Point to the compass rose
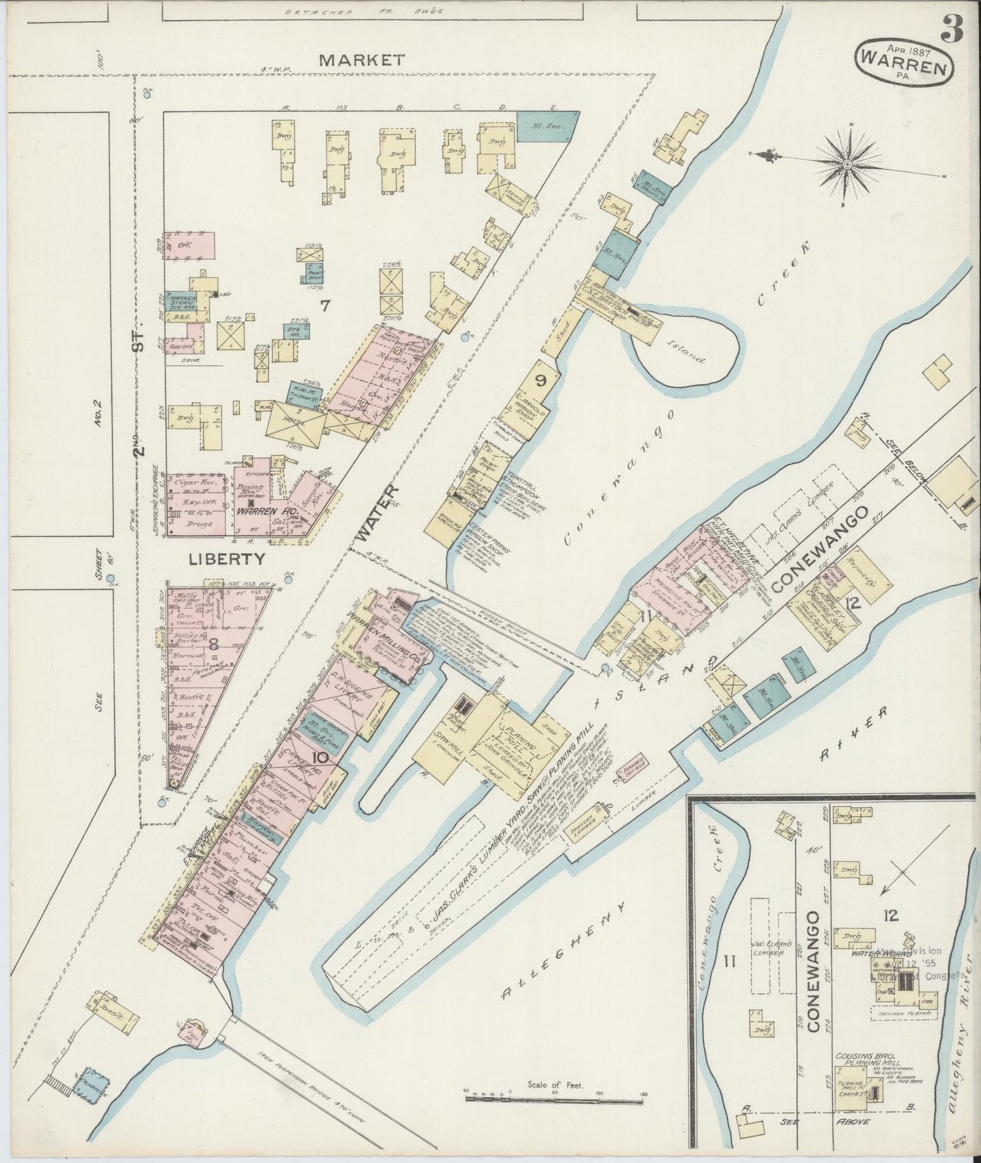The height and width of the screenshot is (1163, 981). coord(849,164)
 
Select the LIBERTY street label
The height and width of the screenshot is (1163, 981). coord(217,559)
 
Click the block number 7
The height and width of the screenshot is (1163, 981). coord(325,306)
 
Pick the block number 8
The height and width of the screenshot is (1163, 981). coord(212,645)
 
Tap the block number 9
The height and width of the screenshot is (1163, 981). coord(541,381)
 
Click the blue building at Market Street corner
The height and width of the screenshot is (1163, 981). coord(548,126)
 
